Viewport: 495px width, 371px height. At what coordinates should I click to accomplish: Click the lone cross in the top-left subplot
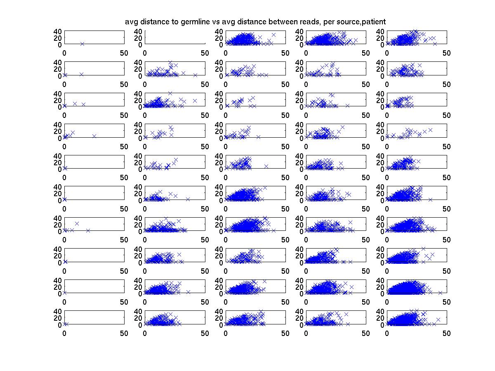82,44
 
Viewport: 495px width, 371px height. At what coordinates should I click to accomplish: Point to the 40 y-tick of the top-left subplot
57,31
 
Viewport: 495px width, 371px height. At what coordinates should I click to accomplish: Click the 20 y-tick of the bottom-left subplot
57,318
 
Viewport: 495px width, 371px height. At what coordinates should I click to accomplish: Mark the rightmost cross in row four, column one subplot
94,136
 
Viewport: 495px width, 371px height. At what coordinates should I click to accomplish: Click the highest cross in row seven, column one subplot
77,223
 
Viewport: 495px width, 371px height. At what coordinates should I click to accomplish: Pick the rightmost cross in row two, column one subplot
82,74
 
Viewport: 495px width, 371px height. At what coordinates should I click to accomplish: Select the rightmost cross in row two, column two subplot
195,75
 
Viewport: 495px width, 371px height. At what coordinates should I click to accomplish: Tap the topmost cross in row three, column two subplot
170,93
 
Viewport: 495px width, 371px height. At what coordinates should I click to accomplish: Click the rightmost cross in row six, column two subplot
188,199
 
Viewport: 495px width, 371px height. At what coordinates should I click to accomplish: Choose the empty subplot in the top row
174,37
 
